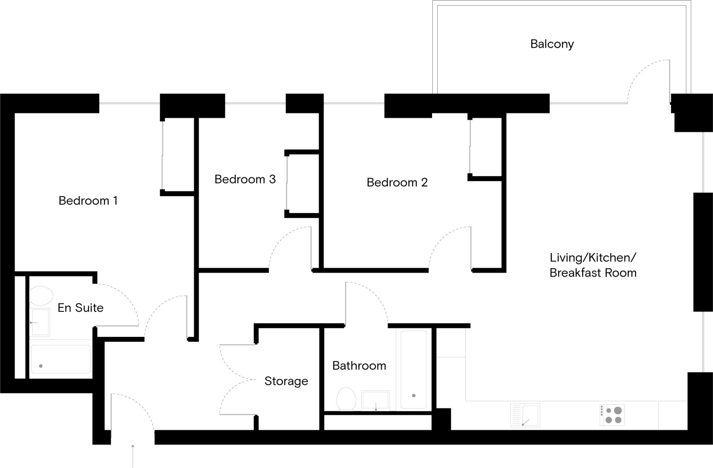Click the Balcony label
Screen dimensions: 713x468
coord(552,44)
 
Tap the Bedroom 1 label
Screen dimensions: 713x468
coord(88,200)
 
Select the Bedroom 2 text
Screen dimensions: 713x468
coord(397,182)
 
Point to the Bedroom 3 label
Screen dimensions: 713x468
coord(245,179)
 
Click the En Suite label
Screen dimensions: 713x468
coord(80,308)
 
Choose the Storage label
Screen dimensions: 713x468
coord(286,381)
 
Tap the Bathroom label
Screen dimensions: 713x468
coord(359,366)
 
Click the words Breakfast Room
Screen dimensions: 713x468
coord(593,273)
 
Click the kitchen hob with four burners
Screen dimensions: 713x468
coord(612,415)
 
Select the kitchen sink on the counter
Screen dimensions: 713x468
coord(525,415)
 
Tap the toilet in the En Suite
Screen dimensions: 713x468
coord(41,296)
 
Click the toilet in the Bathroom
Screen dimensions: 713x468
coord(346,399)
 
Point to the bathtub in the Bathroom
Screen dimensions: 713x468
coord(414,370)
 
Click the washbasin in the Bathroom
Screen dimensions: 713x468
coord(376,400)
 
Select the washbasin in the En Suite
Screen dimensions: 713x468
coord(40,322)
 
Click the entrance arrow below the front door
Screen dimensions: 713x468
coord(133,456)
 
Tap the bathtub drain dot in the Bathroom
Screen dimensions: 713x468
coord(414,396)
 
